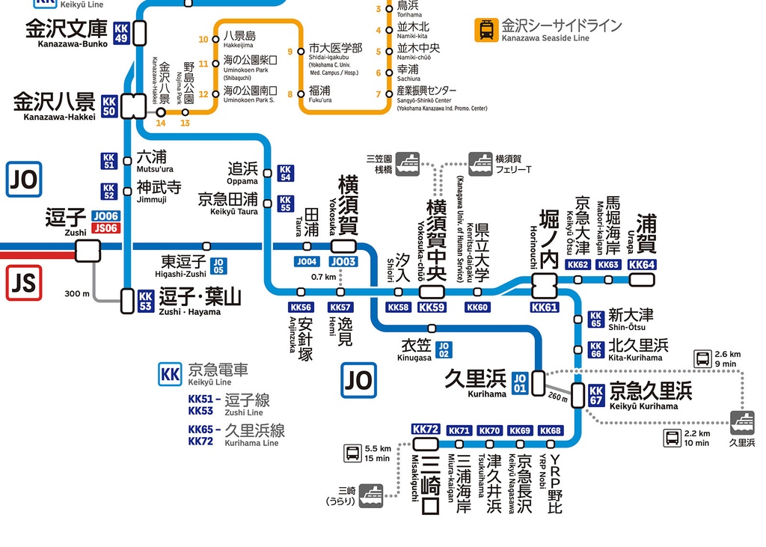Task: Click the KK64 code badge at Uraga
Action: point(642,265)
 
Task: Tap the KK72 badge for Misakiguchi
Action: point(426,430)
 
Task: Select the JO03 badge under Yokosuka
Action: point(343,262)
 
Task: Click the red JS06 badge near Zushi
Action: point(105,228)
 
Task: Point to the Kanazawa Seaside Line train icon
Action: point(486,30)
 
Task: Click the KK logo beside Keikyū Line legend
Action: point(171,373)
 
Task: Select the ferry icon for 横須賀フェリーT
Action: point(480,164)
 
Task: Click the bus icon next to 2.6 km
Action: point(704,359)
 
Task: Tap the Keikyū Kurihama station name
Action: point(649,392)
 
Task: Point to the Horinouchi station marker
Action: point(544,285)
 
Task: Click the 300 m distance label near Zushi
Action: point(76,294)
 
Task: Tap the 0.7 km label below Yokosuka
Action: point(323,277)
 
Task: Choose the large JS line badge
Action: point(23,284)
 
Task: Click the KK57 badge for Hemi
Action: point(340,308)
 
